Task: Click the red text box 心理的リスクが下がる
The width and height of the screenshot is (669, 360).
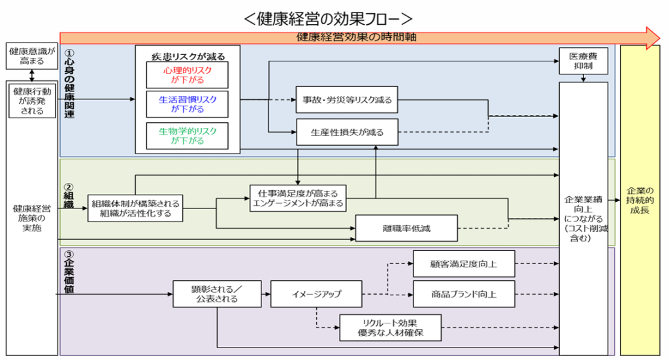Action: (188, 75)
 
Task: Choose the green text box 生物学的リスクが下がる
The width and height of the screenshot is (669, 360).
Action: (188, 135)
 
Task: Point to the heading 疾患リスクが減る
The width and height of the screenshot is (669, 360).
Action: (188, 54)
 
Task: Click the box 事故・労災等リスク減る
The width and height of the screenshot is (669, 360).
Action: (347, 100)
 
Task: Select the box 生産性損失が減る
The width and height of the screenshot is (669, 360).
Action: (347, 132)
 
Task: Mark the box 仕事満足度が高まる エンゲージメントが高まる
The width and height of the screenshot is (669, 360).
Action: (298, 198)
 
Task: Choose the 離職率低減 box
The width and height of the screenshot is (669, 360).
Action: (406, 228)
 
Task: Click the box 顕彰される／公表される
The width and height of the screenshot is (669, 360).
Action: (217, 294)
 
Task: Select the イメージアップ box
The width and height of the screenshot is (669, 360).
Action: (316, 294)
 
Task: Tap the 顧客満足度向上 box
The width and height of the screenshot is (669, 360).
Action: (464, 263)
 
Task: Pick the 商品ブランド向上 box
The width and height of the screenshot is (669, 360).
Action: (464, 294)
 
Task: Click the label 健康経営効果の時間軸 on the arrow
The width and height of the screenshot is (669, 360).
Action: (356, 37)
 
